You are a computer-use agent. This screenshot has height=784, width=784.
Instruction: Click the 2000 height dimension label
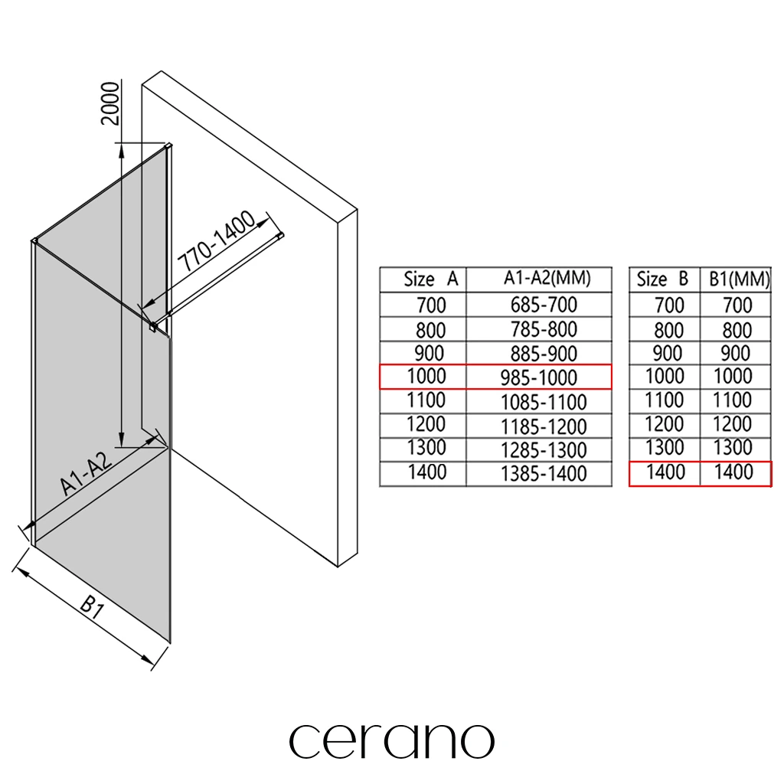[x=110, y=103]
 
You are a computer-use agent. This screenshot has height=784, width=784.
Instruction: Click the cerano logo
[x=391, y=741]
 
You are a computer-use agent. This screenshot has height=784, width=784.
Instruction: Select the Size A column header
[x=431, y=279]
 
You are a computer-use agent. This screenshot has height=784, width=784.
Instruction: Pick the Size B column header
[x=662, y=279]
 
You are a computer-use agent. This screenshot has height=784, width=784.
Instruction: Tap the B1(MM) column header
[x=739, y=279]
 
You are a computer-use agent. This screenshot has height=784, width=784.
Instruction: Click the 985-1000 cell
[x=539, y=377]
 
